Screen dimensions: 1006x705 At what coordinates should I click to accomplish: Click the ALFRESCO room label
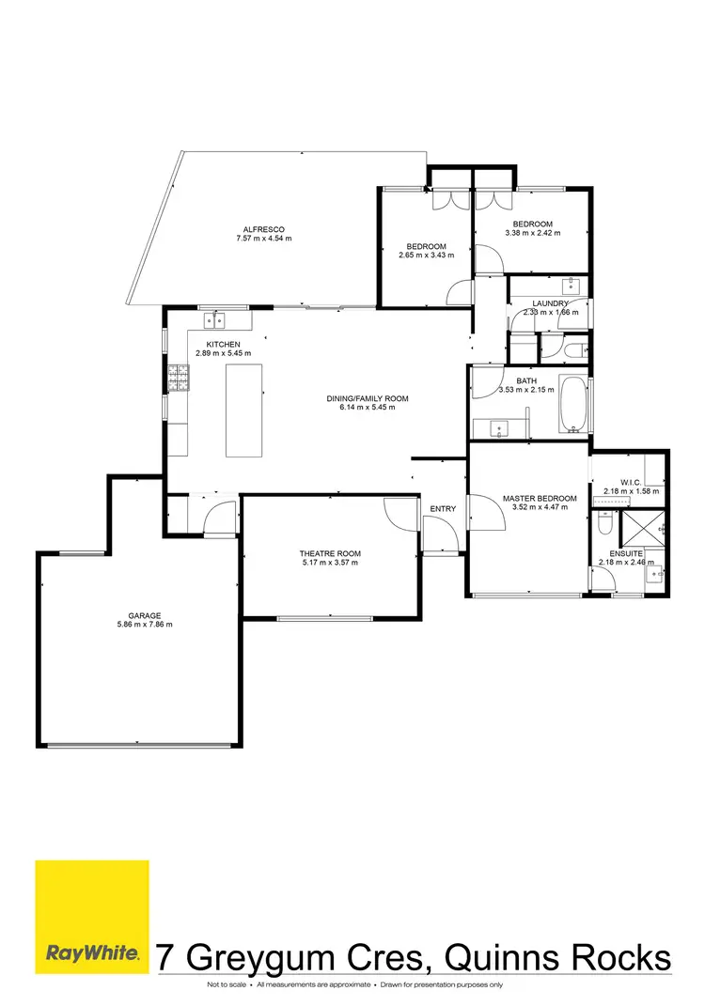pos(264,229)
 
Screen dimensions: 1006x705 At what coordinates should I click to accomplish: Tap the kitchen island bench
pos(243,410)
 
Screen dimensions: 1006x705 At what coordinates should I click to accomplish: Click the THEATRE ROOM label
pos(331,554)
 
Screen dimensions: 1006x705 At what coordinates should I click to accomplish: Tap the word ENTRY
pos(443,509)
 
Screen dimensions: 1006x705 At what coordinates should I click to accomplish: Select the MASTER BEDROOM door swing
pos(487,512)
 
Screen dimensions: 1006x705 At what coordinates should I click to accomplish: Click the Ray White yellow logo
pos(92,916)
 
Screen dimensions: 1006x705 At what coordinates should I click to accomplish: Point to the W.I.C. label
pos(631,481)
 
